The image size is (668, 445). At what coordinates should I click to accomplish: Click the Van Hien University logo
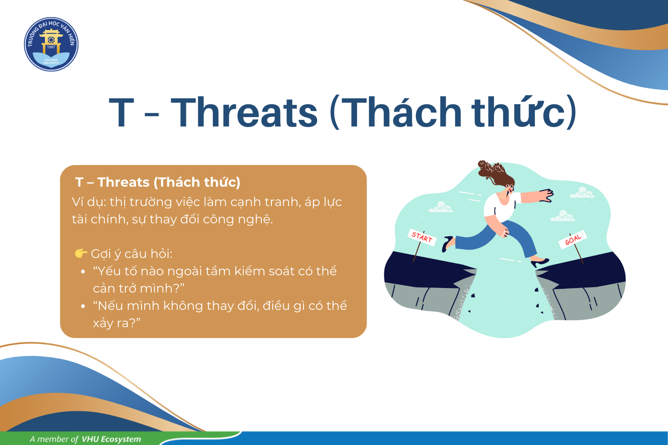pos(51,44)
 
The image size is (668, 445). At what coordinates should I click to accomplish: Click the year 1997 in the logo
pos(51,47)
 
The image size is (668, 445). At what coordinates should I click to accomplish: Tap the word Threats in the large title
pos(244,112)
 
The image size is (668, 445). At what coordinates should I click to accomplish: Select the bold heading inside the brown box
pos(158,182)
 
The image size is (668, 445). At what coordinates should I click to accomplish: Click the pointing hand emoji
pos(81,253)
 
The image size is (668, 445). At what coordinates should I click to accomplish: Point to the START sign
pos(422,237)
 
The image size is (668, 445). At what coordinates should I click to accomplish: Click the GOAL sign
pos(573,239)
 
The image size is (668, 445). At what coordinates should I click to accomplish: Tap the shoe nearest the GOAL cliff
pos(540,263)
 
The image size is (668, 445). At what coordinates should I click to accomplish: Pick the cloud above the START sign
pos(440,207)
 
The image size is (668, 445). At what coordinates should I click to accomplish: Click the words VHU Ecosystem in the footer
pos(111,439)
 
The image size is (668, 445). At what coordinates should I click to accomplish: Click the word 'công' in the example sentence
pos(218,219)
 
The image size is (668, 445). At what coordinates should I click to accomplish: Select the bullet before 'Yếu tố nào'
pos(83,272)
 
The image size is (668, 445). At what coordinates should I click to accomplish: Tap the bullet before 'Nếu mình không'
pos(83,306)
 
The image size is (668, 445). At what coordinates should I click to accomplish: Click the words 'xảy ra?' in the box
pos(117,323)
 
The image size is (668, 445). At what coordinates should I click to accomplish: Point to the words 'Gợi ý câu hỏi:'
pos(132,254)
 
